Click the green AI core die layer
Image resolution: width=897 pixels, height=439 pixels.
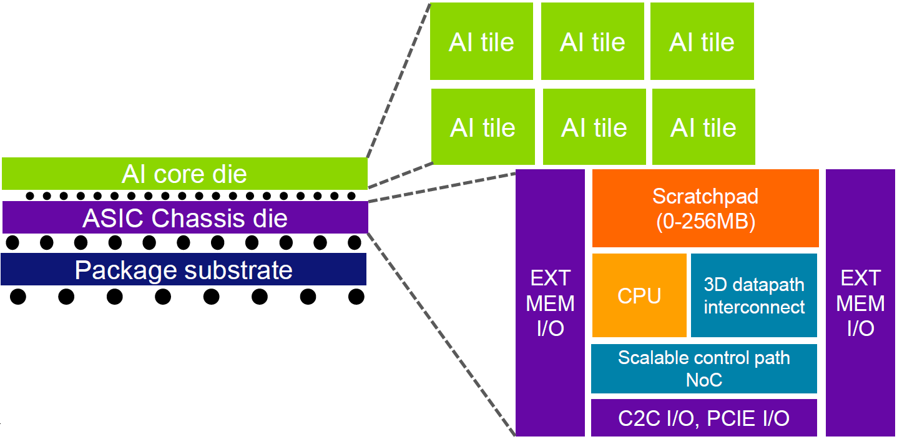point(184,174)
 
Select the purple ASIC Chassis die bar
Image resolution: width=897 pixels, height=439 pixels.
point(185,218)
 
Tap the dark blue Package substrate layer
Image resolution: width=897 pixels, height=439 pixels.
point(184,270)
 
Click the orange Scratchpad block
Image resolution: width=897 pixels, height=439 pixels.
point(705,209)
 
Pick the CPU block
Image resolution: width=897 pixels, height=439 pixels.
point(639,295)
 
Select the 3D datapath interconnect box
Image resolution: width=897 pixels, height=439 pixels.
point(753,295)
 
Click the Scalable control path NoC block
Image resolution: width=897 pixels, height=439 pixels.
point(703,368)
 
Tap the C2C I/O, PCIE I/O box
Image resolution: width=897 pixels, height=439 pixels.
point(703,418)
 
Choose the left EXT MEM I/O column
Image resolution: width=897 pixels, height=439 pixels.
point(550,303)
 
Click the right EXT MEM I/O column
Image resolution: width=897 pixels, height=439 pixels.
point(861,303)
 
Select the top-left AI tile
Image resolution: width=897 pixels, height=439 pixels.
point(481,42)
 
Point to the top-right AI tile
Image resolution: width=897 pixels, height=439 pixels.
point(702,42)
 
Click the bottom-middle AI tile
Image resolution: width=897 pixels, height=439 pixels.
point(594,127)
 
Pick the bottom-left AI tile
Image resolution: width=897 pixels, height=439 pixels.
point(483,127)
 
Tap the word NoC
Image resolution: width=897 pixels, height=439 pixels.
point(703,379)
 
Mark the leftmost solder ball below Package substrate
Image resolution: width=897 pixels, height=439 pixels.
point(18,297)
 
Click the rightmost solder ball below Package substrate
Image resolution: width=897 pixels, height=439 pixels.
point(356,297)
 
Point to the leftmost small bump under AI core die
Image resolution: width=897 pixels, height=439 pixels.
point(29,195)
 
